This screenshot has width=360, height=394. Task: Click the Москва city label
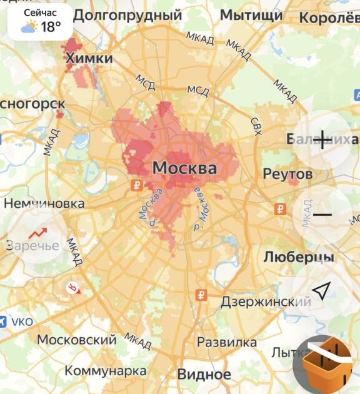[x=184, y=168]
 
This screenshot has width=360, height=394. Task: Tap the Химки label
[x=89, y=59]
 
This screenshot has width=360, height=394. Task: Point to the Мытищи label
[x=251, y=15]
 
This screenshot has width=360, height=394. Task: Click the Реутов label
[x=287, y=174]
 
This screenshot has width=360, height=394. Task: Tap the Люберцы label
[x=298, y=257]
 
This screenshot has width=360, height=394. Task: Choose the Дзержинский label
[x=266, y=302]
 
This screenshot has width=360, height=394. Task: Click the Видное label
[x=204, y=375]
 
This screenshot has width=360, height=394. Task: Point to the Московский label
[x=77, y=340]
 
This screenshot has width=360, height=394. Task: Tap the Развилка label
[x=227, y=343]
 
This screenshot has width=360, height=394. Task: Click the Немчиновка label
[x=44, y=204]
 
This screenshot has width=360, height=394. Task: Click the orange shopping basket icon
[x=326, y=365]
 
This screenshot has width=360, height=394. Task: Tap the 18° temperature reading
[x=51, y=27]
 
